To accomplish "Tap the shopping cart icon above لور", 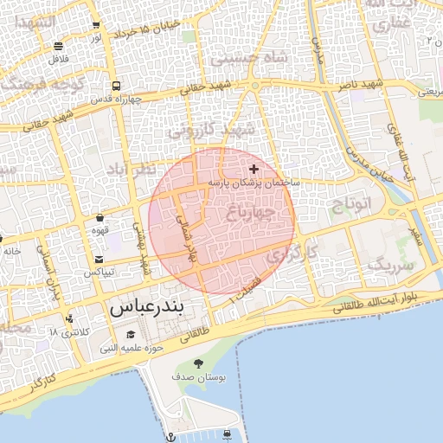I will (95, 25).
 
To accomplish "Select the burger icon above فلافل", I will (58, 47).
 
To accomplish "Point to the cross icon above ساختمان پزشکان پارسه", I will (254, 169).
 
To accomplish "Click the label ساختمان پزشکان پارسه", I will (254, 183).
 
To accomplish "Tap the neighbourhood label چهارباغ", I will (255, 210).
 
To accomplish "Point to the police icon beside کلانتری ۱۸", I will (69, 318).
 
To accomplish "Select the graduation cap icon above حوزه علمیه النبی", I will (131, 335).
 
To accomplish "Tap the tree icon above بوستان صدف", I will (199, 364).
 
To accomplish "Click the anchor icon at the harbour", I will (170, 435).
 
